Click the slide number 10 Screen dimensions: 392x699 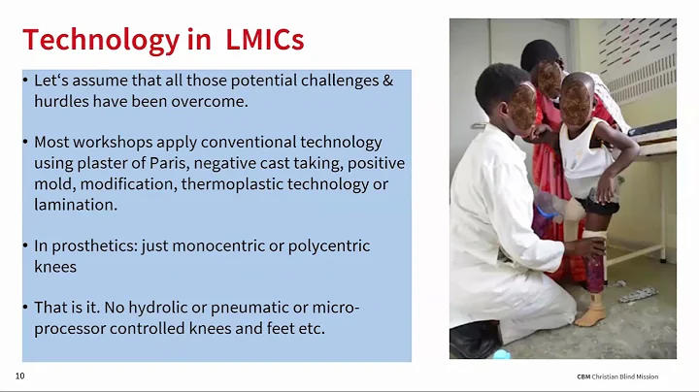19,376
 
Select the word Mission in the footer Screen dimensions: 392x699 654,376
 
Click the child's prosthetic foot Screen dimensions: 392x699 590,315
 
